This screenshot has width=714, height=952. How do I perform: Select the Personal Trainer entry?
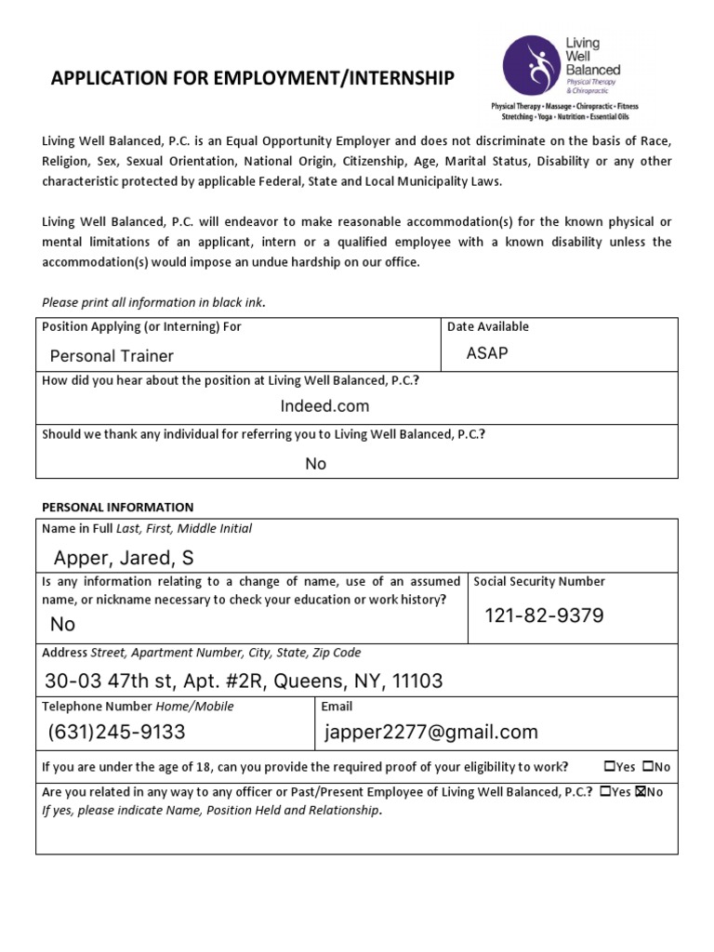coord(112,356)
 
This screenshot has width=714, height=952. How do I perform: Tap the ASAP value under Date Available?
coord(487,353)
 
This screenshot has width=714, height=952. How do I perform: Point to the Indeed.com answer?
coord(324,406)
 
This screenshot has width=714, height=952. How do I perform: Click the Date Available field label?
coord(488,326)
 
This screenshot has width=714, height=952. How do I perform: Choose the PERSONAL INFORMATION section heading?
coord(118,507)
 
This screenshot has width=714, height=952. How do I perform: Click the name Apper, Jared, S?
coord(124,558)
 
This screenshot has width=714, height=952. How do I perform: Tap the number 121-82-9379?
coord(544,615)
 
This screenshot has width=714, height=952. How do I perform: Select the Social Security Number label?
coord(539,581)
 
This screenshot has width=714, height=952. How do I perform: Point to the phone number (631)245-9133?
coord(117,733)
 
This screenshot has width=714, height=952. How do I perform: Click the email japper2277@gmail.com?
coord(431,733)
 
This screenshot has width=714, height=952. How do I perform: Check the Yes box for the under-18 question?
coord(609,767)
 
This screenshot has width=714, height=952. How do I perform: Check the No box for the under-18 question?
coord(647,767)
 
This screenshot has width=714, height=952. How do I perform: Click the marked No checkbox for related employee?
coord(640,792)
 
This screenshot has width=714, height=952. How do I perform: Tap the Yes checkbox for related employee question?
coord(605,792)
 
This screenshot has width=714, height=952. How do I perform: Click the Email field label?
coord(337,707)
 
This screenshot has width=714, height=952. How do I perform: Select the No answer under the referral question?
coord(316,464)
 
